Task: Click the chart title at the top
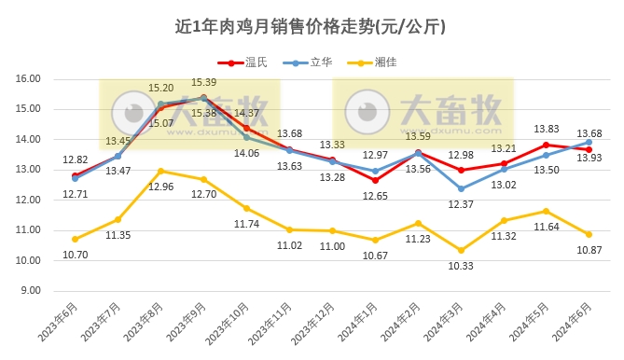pyautogui.click(x=312, y=27)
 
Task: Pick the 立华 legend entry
pyautogui.click(x=322, y=62)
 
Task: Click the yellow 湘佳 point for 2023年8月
pyautogui.click(x=161, y=171)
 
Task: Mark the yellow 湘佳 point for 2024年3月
pyautogui.click(x=461, y=250)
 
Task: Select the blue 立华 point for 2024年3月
pyautogui.click(x=461, y=188)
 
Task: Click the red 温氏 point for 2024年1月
pyautogui.click(x=375, y=180)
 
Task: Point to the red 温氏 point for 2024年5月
pyautogui.click(x=547, y=145)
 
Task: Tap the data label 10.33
pyautogui.click(x=461, y=266)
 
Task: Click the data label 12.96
pyautogui.click(x=160, y=187)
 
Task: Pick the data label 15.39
pyautogui.click(x=203, y=83)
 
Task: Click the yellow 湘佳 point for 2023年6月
pyautogui.click(x=76, y=239)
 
